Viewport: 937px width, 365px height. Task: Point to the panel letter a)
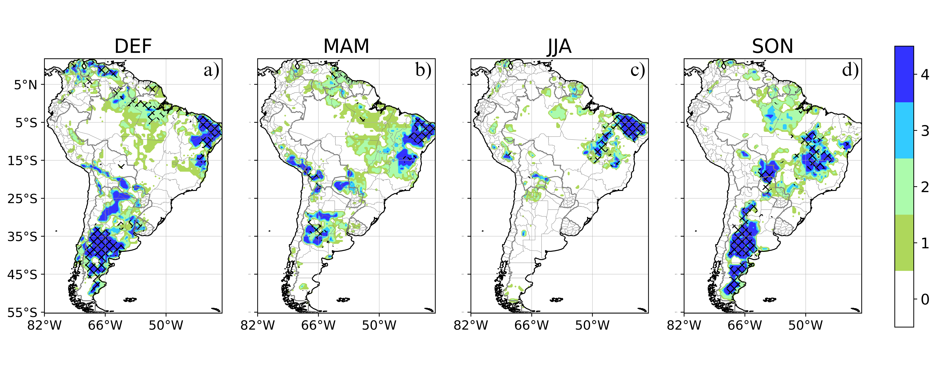pyautogui.click(x=211, y=70)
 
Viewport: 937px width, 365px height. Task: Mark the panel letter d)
pyautogui.click(x=850, y=70)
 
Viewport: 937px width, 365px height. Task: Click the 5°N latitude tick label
pyautogui.click(x=25, y=85)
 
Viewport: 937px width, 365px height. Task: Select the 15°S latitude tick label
pyautogui.click(x=23, y=161)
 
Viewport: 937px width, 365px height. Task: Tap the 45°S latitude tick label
pyautogui.click(x=23, y=274)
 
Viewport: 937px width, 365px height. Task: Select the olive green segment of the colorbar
pyautogui.click(x=904, y=243)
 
